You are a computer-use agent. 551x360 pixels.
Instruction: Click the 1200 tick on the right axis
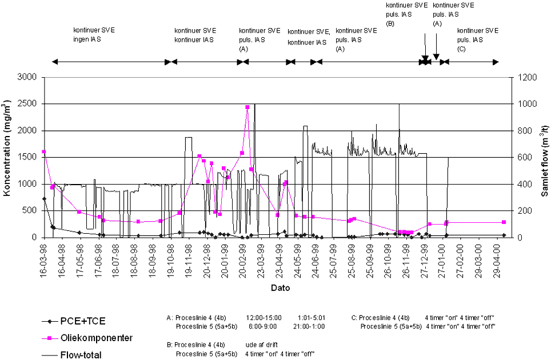pos(524,77)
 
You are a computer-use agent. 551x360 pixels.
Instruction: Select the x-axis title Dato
pos(280,288)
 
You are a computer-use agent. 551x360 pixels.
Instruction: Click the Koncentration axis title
pos(9,157)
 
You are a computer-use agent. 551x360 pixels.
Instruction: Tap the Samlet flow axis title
pos(545,157)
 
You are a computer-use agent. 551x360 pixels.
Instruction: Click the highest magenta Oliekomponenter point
pos(247,107)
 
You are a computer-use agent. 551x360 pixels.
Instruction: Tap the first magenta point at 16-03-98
pos(44,151)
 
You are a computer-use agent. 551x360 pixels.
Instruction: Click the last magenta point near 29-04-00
pos(504,222)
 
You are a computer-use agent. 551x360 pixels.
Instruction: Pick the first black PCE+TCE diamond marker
pos(44,198)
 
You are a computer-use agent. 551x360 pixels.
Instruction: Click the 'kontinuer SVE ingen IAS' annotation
pos(94,34)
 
